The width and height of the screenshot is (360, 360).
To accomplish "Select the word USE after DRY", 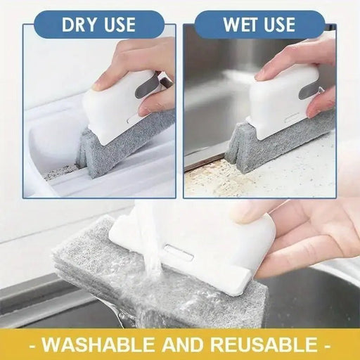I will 117,25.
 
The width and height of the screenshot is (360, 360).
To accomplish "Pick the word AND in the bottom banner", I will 185,345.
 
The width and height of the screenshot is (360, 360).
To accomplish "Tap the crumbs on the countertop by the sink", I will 211,172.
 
